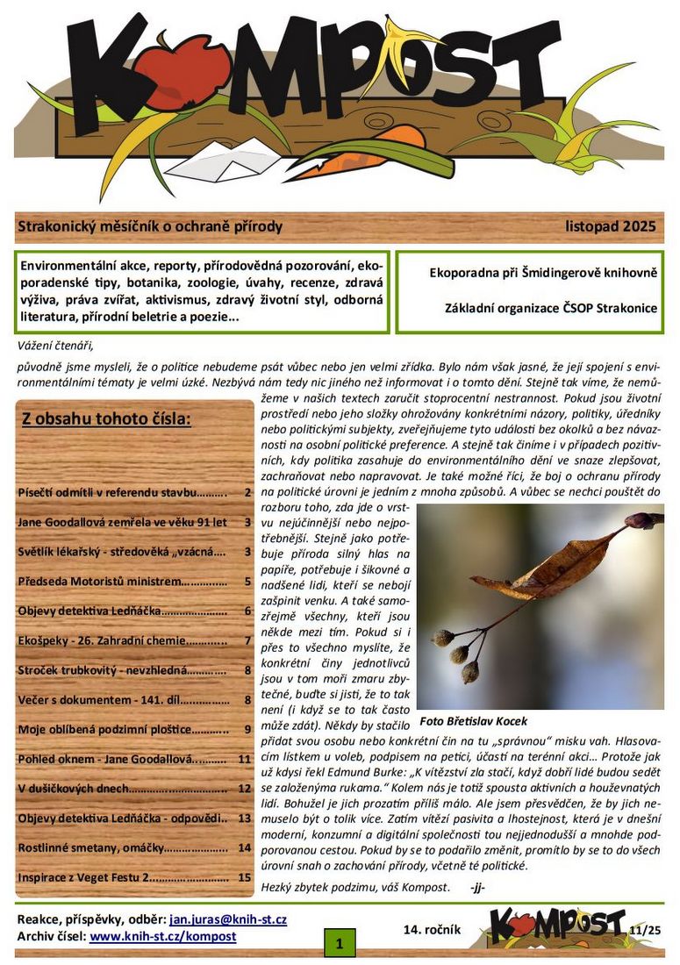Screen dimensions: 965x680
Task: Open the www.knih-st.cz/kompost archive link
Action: pyautogui.click(x=163, y=936)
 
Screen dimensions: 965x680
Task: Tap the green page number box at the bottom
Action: pyautogui.click(x=340, y=944)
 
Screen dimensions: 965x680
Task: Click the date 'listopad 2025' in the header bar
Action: pyautogui.click(x=611, y=227)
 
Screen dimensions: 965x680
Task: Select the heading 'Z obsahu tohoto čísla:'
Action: pyautogui.click(x=106, y=418)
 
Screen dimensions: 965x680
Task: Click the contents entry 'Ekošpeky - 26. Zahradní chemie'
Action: pyautogui.click(x=122, y=640)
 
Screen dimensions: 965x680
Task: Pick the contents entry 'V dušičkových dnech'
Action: pyautogui.click(x=122, y=788)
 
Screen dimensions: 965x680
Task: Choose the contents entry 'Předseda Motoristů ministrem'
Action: pyautogui.click(x=122, y=581)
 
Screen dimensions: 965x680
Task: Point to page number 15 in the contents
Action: pyautogui.click(x=245, y=876)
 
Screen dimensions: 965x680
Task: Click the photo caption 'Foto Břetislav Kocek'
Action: pyautogui.click(x=474, y=721)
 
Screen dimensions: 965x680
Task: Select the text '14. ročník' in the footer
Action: pyautogui.click(x=433, y=928)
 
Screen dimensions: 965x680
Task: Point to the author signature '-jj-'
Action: pyautogui.click(x=477, y=887)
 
